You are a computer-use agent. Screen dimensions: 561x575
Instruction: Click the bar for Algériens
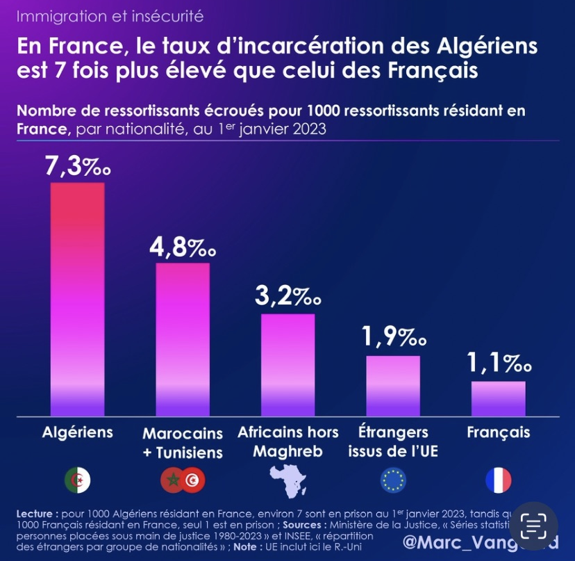pyautogui.click(x=77, y=299)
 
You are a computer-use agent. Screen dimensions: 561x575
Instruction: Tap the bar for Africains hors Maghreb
pyautogui.click(x=287, y=365)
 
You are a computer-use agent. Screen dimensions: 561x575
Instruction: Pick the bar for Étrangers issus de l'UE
pyautogui.click(x=393, y=386)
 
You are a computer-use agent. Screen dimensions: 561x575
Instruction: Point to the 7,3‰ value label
pyautogui.click(x=77, y=167)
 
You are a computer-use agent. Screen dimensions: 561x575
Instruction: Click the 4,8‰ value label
pyautogui.click(x=183, y=247)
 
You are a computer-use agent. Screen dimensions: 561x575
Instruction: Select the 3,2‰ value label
pyautogui.click(x=287, y=297)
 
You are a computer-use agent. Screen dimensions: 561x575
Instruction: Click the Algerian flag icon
pyautogui.click(x=77, y=480)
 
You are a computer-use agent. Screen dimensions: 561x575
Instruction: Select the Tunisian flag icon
pyautogui.click(x=192, y=480)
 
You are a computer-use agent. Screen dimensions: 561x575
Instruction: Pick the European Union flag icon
pyautogui.click(x=393, y=480)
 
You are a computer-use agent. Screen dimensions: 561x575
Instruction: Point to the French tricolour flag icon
pyautogui.click(x=498, y=480)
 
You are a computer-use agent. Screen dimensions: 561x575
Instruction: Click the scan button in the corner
pyautogui.click(x=533, y=526)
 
